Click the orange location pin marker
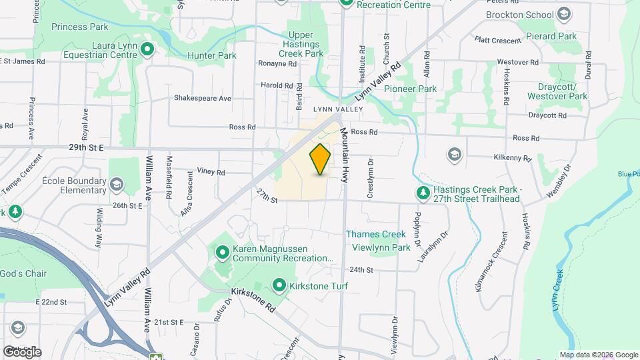pos(321,159)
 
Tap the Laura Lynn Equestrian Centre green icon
pos(147,48)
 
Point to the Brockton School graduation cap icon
pos(564,15)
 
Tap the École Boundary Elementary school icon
pos(117,185)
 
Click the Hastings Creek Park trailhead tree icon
pos(423,193)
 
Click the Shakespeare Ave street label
pos(202,98)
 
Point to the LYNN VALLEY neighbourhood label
pos(338,109)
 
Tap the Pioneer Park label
pos(409,89)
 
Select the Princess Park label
pos(83,27)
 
